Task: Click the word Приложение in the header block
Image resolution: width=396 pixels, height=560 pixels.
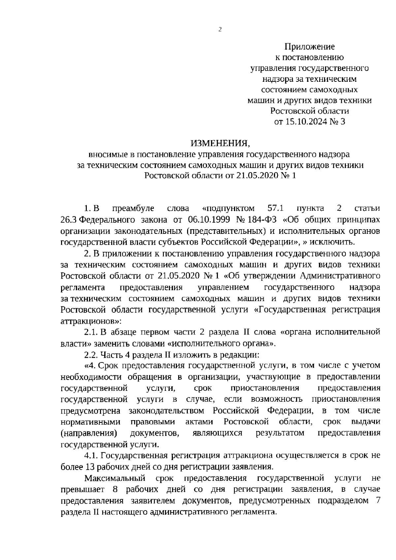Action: [310, 47]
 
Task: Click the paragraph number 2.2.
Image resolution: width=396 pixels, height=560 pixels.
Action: [91, 355]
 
